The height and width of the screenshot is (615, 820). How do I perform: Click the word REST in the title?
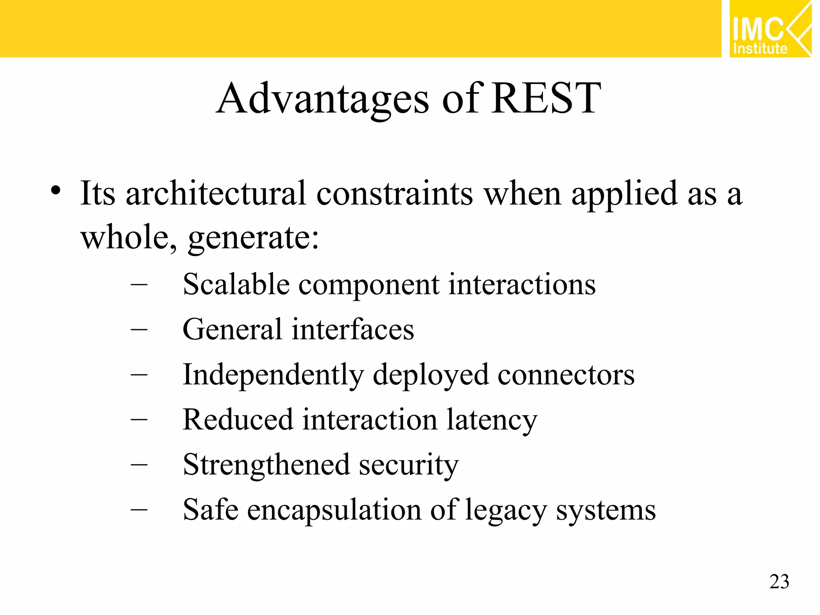[x=546, y=98]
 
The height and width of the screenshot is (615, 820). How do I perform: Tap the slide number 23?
[x=779, y=582]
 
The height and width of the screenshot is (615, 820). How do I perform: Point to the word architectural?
[x=216, y=193]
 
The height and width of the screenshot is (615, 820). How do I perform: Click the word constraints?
[x=394, y=194]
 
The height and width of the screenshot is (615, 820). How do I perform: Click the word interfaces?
[x=353, y=330]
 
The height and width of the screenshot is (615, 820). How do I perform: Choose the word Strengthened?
[x=266, y=466]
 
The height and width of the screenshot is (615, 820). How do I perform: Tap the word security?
[x=408, y=466]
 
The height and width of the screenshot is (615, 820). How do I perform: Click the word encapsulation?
[x=334, y=511]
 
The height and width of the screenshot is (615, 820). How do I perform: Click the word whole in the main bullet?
[x=127, y=237]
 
